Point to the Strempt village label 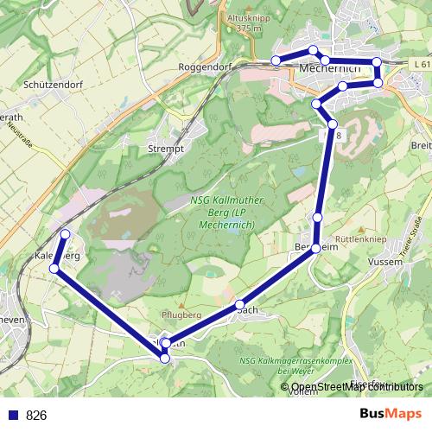pos(167,149)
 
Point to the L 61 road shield pos(421,65)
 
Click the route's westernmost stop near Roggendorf pos(276,60)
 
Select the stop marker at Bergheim pos(316,248)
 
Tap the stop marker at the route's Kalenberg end pos(66,233)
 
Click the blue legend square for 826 pos(12,415)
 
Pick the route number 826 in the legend pos(36,415)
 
